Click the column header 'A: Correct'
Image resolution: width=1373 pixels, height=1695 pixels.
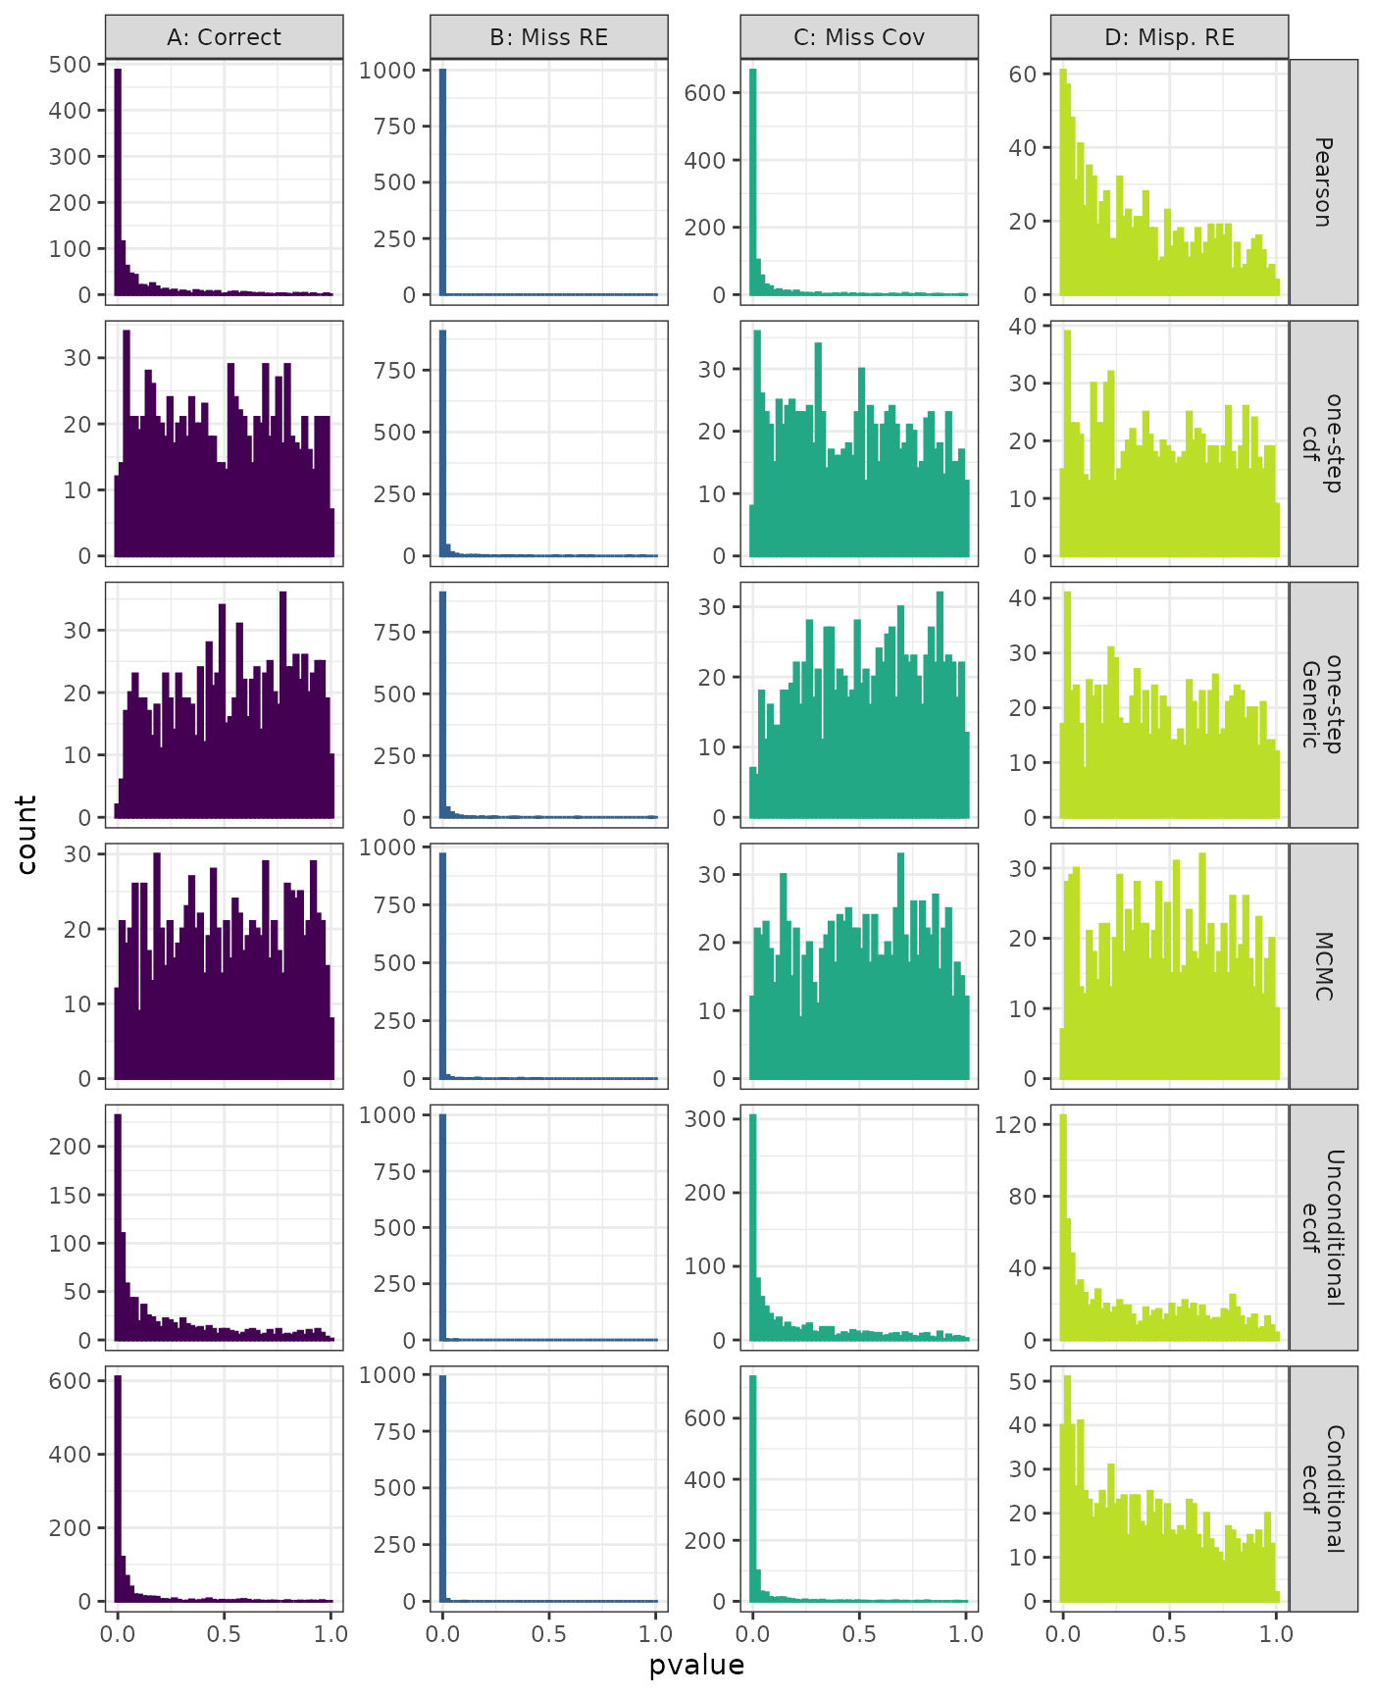(x=224, y=37)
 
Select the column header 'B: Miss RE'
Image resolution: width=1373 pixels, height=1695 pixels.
(x=548, y=37)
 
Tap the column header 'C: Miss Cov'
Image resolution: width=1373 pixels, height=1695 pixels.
(x=858, y=37)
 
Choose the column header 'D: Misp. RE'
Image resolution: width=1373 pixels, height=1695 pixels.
(x=1169, y=37)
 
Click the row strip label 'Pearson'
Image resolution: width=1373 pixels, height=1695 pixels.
(x=1323, y=182)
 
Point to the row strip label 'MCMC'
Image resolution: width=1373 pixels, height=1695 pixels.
(x=1323, y=966)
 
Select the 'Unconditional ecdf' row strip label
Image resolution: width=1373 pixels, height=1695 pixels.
(x=1323, y=1227)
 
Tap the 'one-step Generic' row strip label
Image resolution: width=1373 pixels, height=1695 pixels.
(x=1323, y=704)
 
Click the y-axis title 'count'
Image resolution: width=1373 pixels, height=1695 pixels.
(x=26, y=835)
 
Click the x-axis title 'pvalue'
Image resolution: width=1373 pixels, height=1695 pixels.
(x=696, y=1666)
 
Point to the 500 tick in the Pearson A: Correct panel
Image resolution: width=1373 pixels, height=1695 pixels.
(x=71, y=65)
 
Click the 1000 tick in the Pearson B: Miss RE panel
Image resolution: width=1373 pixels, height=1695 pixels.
(x=388, y=71)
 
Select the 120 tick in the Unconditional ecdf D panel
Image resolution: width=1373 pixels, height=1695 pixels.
(x=1016, y=1124)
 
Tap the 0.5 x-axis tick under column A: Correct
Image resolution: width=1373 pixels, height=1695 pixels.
(x=224, y=1634)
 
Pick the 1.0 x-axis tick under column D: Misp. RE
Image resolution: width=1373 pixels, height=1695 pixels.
(x=1276, y=1634)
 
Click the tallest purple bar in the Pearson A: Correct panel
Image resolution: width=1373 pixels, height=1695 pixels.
(x=118, y=181)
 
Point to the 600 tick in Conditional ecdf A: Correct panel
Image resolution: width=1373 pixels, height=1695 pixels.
(x=71, y=1381)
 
